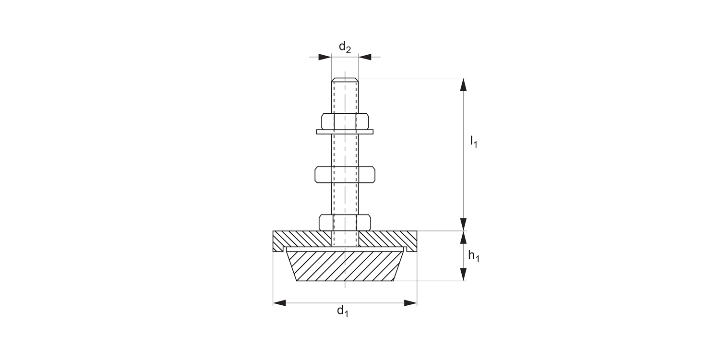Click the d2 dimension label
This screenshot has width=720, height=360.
coord(345,47)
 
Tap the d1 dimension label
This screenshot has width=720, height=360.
coord(342,312)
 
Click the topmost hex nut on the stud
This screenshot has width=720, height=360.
coord(345,121)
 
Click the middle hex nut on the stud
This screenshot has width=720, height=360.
coord(345,174)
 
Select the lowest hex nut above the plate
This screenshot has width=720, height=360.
coord(345,222)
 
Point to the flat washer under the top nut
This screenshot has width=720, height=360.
coord(345,132)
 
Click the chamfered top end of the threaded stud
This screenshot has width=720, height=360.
coord(345,80)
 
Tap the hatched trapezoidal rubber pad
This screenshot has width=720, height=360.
coord(345,265)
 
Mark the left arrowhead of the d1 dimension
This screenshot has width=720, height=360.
coord(279,303)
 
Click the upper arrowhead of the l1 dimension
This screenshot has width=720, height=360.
coord(463,84)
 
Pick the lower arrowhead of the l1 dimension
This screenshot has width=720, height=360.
coord(463,224)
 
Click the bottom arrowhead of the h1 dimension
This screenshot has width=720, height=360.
coord(463,274)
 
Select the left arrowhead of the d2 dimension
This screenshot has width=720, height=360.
coord(325,57)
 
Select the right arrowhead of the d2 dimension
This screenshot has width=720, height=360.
coord(365,57)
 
